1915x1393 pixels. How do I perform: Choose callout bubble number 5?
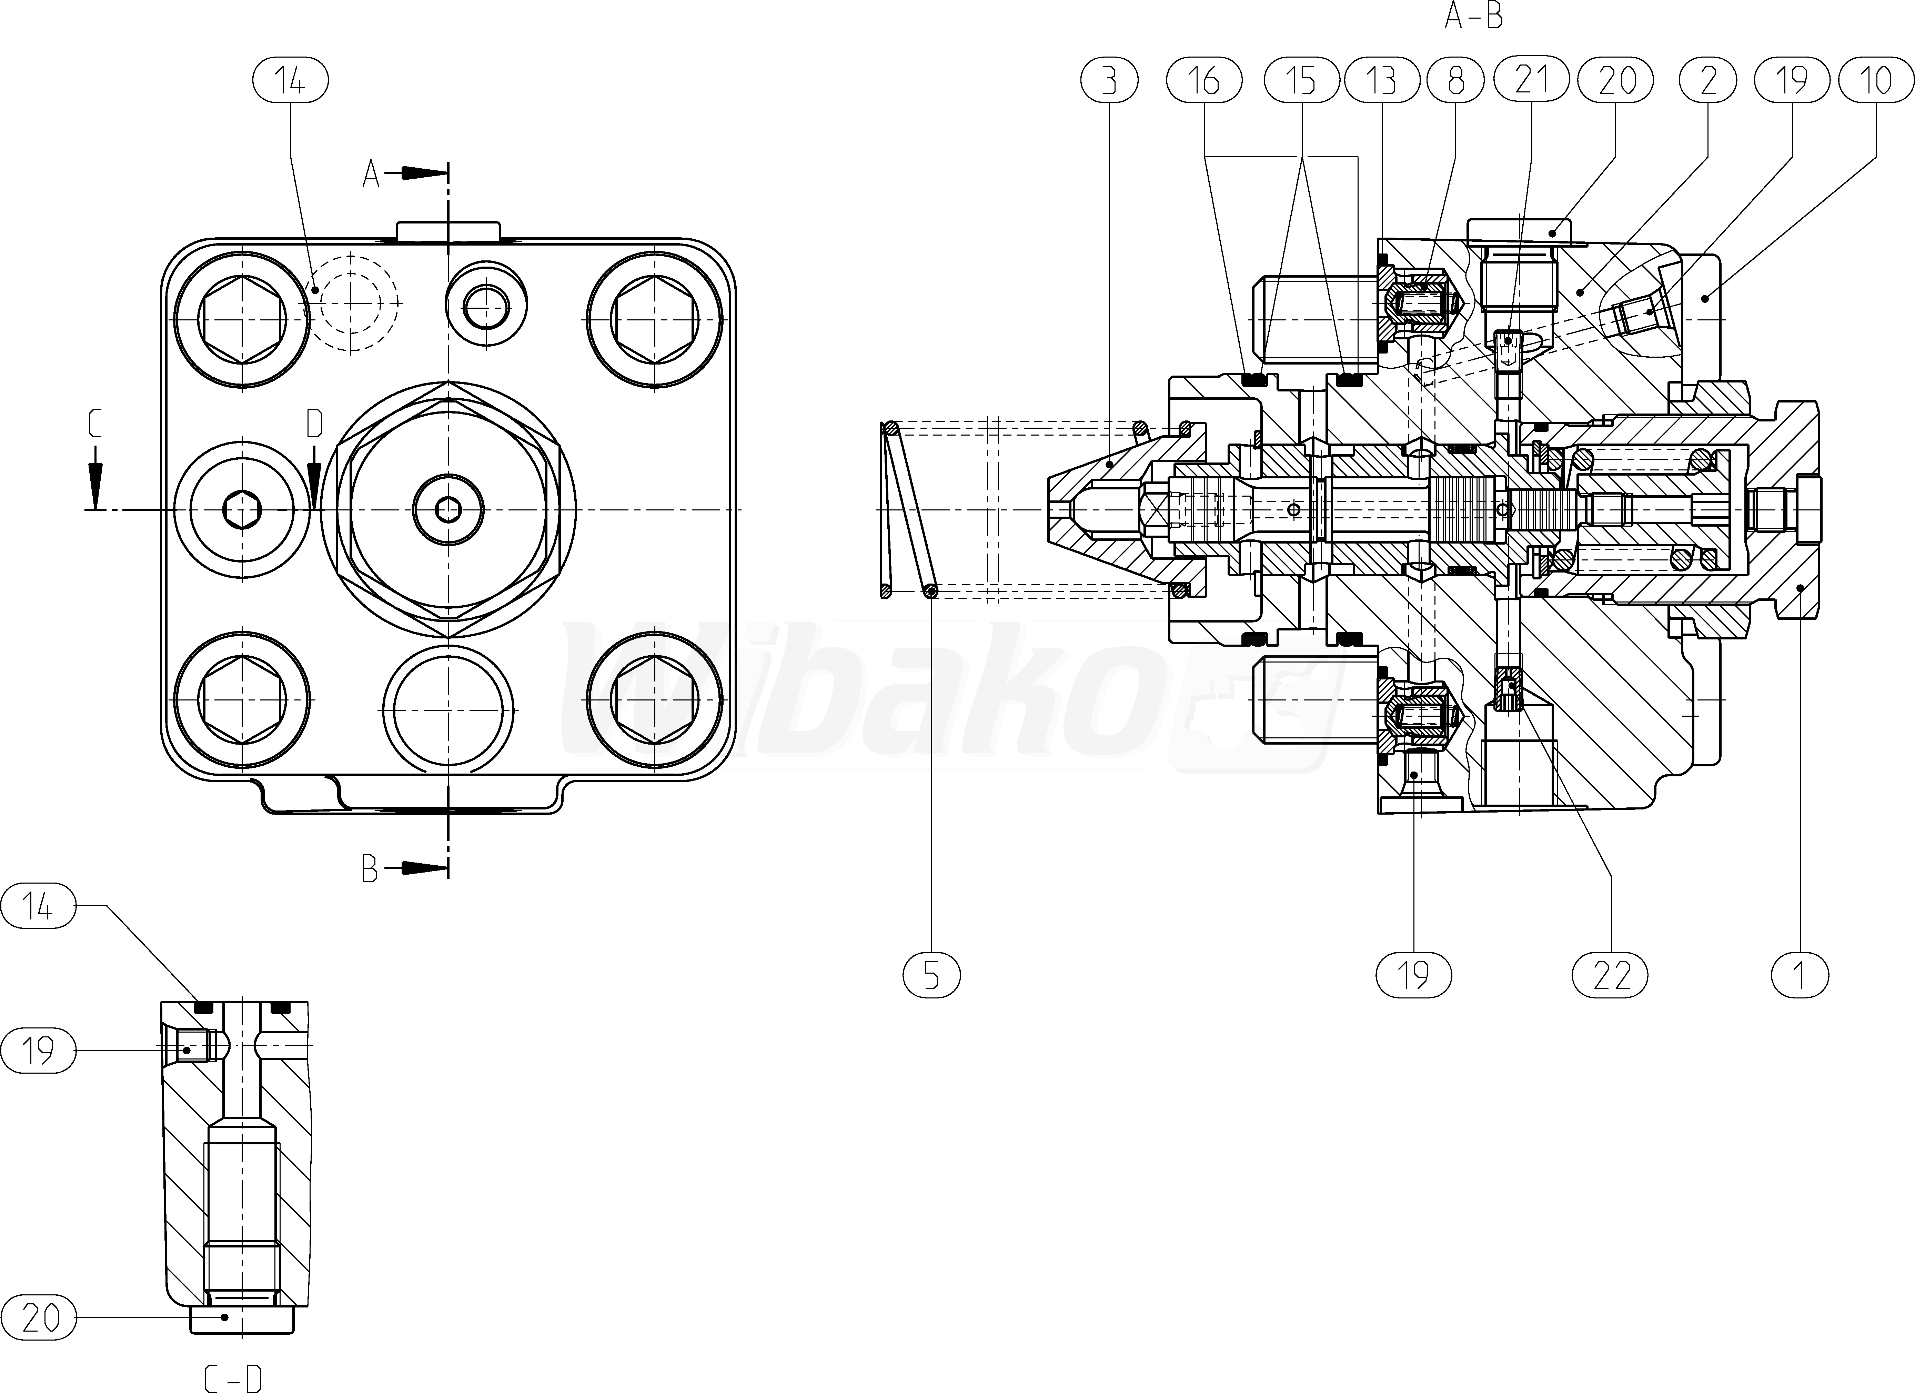931,975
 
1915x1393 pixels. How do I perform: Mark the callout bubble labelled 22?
1611,975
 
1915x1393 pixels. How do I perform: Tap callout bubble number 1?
1799,975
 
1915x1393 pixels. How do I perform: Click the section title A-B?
1473,17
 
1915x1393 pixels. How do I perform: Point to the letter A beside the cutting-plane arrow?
371,175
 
